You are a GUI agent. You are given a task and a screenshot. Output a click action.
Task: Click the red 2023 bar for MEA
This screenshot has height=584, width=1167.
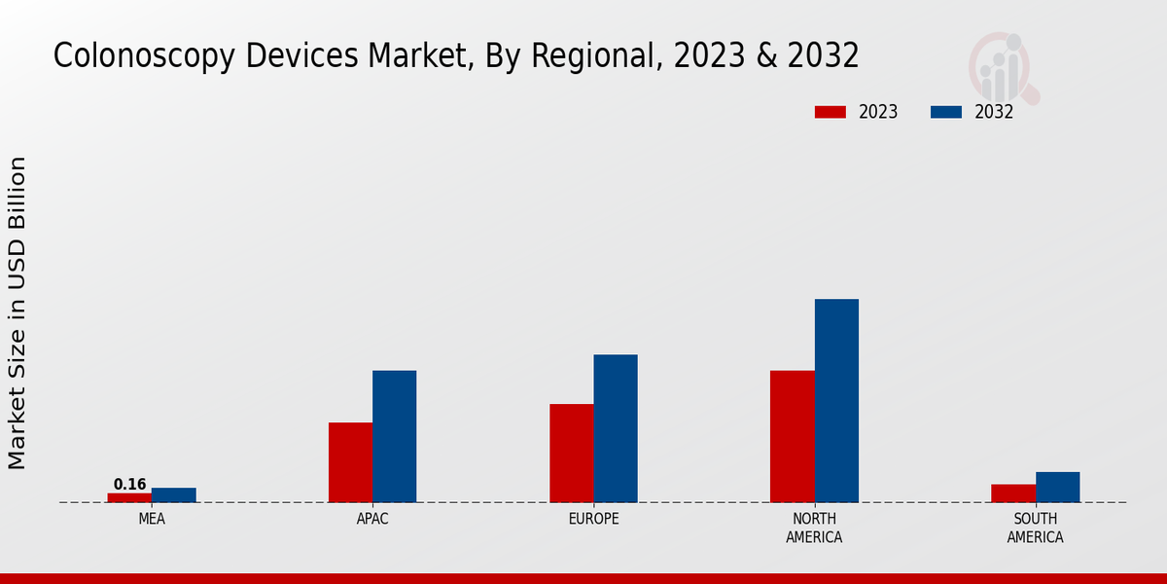coord(129,497)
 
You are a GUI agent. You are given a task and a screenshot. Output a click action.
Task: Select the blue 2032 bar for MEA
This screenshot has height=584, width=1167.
coord(173,494)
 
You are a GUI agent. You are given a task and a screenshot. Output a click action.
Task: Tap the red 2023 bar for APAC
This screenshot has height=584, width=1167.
coord(350,462)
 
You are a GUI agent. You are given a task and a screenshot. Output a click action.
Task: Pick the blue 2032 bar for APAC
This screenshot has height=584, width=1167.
coord(394,436)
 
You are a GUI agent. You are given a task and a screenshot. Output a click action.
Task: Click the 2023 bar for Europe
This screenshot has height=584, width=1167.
coord(571,453)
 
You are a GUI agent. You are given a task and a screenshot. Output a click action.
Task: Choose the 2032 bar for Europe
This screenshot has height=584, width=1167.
coord(616,428)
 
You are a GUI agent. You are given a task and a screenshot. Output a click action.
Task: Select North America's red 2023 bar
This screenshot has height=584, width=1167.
coord(792,436)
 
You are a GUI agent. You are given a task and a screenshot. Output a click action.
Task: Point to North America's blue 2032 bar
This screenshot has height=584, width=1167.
coord(836,400)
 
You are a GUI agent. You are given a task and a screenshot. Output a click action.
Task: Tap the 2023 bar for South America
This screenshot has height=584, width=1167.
coord(1013,493)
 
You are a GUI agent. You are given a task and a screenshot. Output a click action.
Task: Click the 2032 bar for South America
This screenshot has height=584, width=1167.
coord(1057,487)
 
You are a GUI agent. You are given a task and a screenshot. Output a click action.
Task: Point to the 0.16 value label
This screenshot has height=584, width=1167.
coord(129,485)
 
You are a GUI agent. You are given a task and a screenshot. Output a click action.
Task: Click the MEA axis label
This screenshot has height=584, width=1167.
coord(152,519)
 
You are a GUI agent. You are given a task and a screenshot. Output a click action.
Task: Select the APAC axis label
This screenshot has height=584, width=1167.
coord(372,519)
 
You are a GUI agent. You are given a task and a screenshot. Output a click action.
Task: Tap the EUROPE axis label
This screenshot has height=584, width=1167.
coord(593,519)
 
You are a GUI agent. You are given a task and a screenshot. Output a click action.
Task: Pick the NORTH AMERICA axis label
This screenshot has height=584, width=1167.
coord(814,528)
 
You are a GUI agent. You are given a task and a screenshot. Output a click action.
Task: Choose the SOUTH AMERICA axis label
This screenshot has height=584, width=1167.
coord(1035,528)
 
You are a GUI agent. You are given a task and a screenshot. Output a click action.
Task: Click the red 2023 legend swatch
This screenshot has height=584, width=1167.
coord(830,112)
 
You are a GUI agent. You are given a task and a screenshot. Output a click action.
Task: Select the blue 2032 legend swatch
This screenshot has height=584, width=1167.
coord(945,112)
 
